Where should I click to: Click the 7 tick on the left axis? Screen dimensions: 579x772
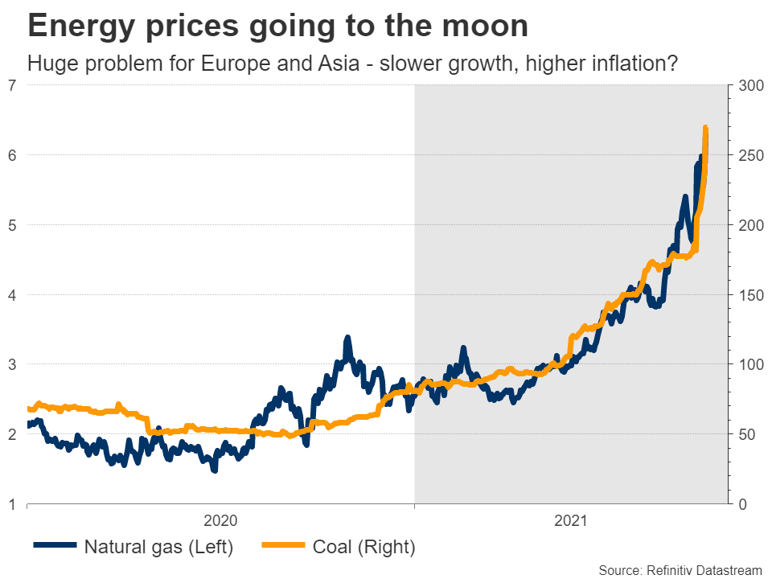coord(13,85)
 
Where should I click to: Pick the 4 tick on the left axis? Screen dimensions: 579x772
coord(13,294)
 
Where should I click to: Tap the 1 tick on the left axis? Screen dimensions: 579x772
coord(13,504)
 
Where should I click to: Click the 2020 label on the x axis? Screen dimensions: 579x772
coord(221,520)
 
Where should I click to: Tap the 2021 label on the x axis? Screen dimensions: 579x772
coord(571,520)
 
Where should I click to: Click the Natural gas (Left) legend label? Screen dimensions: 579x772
coord(158,548)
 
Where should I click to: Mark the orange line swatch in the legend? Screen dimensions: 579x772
coord(284,547)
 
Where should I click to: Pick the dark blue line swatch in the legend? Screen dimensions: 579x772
coord(55,547)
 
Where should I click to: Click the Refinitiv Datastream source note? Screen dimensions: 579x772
coord(679,570)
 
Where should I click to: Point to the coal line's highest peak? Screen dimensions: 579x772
coord(705,128)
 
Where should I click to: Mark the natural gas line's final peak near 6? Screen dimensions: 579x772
coord(700,157)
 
